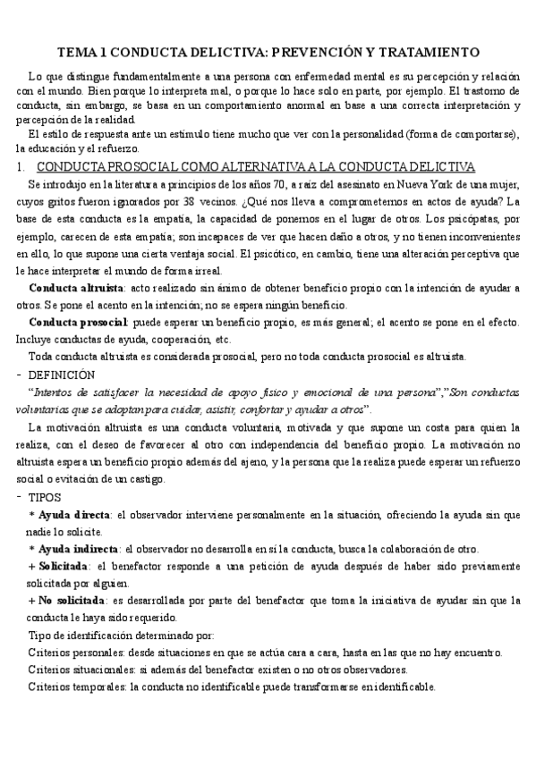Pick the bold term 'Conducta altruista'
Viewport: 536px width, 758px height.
click(x=76, y=289)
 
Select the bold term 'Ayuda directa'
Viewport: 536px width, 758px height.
click(x=72, y=514)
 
